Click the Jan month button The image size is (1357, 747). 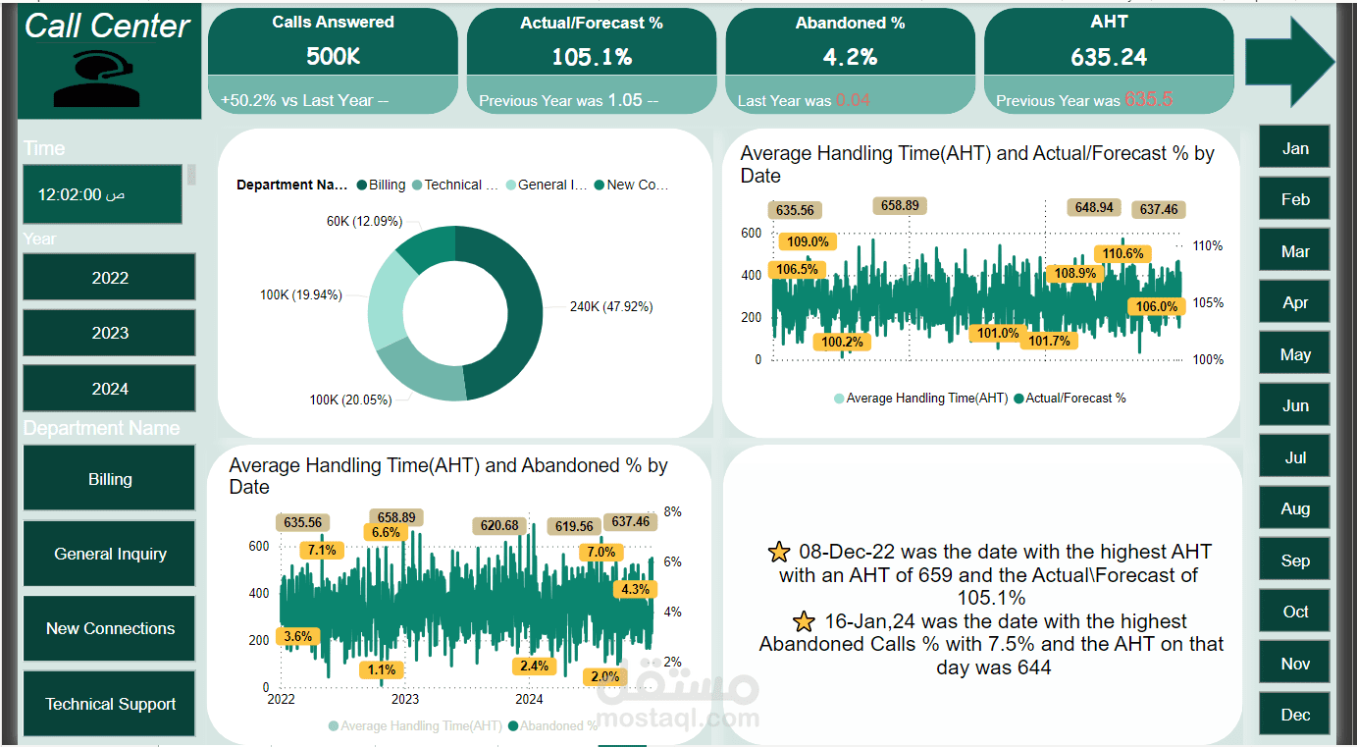click(x=1295, y=148)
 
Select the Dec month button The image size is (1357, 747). click(x=1295, y=715)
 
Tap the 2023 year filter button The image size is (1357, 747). click(x=110, y=333)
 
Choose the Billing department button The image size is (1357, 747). click(x=110, y=479)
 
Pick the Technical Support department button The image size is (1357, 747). click(x=110, y=704)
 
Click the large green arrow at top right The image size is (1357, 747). click(x=1289, y=61)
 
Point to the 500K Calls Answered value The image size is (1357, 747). click(x=333, y=57)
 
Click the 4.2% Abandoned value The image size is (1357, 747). click(x=850, y=57)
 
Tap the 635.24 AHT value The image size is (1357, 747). click(x=1109, y=57)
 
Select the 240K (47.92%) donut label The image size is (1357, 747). click(x=611, y=306)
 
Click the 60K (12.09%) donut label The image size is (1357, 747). click(x=364, y=221)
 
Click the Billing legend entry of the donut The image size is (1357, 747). click(x=382, y=185)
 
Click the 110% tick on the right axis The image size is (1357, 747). click(x=1208, y=245)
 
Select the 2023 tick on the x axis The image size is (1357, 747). click(x=404, y=699)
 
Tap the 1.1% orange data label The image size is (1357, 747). click(x=384, y=669)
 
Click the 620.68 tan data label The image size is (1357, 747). click(x=499, y=526)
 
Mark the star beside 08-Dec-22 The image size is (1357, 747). click(x=779, y=552)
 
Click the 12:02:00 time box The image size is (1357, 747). click(x=102, y=194)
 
